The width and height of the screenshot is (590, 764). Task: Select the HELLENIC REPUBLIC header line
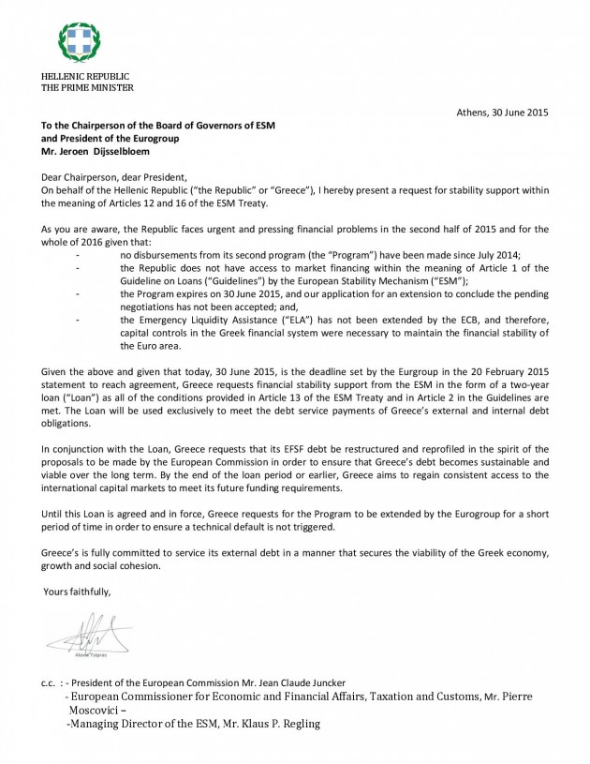pos(84,76)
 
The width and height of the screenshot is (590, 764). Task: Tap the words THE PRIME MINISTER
pos(87,88)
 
